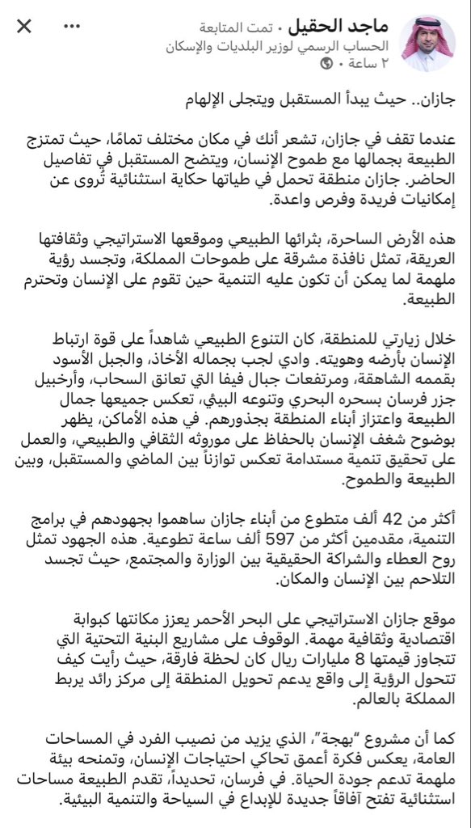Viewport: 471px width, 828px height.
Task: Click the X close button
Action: coord(25,27)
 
